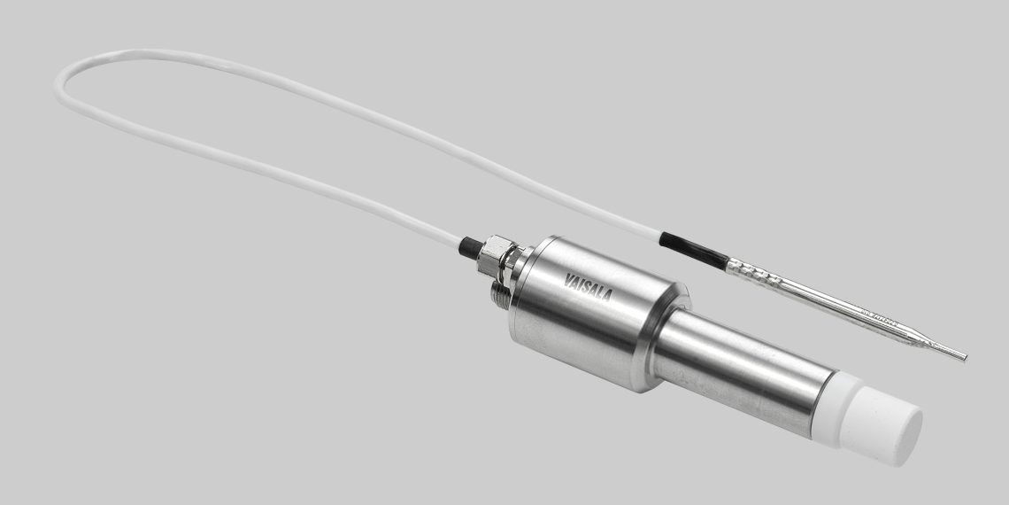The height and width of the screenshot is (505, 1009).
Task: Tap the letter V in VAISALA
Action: [568, 280]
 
